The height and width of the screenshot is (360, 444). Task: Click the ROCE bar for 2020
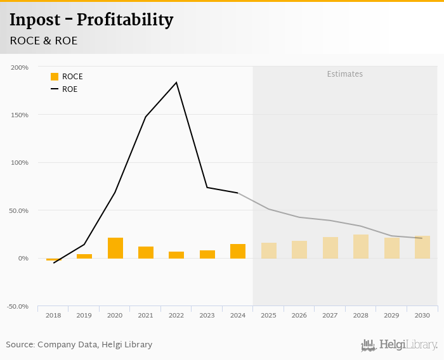point(115,248)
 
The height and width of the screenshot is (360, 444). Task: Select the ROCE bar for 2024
point(238,251)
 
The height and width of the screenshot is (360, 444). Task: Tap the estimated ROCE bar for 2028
point(361,247)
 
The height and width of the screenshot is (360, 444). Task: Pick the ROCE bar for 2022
point(176,255)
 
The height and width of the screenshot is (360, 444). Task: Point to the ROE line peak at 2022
point(176,82)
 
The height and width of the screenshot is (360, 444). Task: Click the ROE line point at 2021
point(145,117)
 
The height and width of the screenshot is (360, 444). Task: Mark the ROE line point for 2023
point(207,187)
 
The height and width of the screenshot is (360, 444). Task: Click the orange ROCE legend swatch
point(55,77)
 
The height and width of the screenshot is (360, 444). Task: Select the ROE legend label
point(70,89)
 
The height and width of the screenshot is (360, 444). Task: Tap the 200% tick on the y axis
point(20,67)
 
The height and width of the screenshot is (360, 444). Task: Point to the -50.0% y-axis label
point(17,307)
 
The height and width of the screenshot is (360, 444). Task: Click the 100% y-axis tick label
point(20,163)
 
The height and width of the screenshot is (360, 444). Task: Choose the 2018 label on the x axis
point(53,315)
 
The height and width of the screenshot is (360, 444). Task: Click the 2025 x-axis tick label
point(268,315)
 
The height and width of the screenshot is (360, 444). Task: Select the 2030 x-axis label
point(422,315)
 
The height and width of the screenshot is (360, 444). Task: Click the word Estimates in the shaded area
point(345,74)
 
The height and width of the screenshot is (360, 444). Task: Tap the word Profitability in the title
point(125,20)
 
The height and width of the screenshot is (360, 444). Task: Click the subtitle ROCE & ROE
point(44,41)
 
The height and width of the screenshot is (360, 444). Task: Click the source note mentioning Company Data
point(79,345)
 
